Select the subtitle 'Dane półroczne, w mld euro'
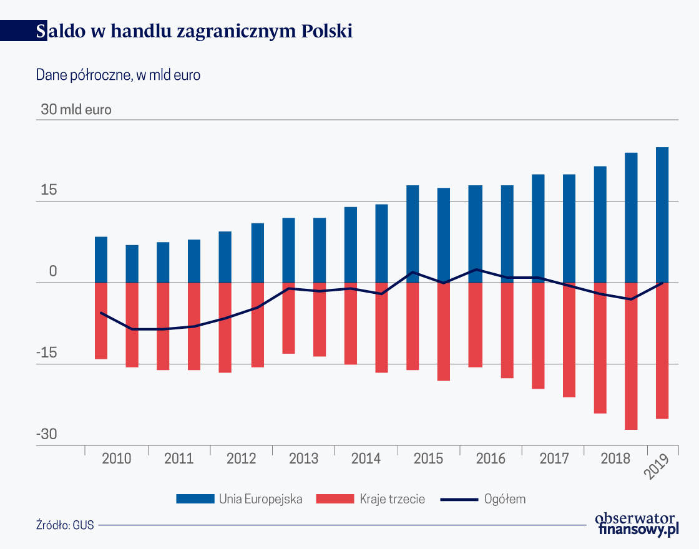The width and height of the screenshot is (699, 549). click(x=118, y=75)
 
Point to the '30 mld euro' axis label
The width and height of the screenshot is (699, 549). click(x=76, y=110)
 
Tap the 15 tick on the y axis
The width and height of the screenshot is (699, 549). click(x=49, y=191)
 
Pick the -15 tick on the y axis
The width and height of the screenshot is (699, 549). click(x=46, y=353)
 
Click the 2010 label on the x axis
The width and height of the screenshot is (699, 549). click(x=116, y=459)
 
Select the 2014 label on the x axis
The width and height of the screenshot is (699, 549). click(x=366, y=459)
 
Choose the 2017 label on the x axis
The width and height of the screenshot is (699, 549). click(x=554, y=459)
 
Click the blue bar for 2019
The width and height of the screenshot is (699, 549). click(x=662, y=215)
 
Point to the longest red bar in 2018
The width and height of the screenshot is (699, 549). click(x=631, y=356)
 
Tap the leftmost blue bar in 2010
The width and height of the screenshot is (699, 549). click(x=101, y=260)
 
